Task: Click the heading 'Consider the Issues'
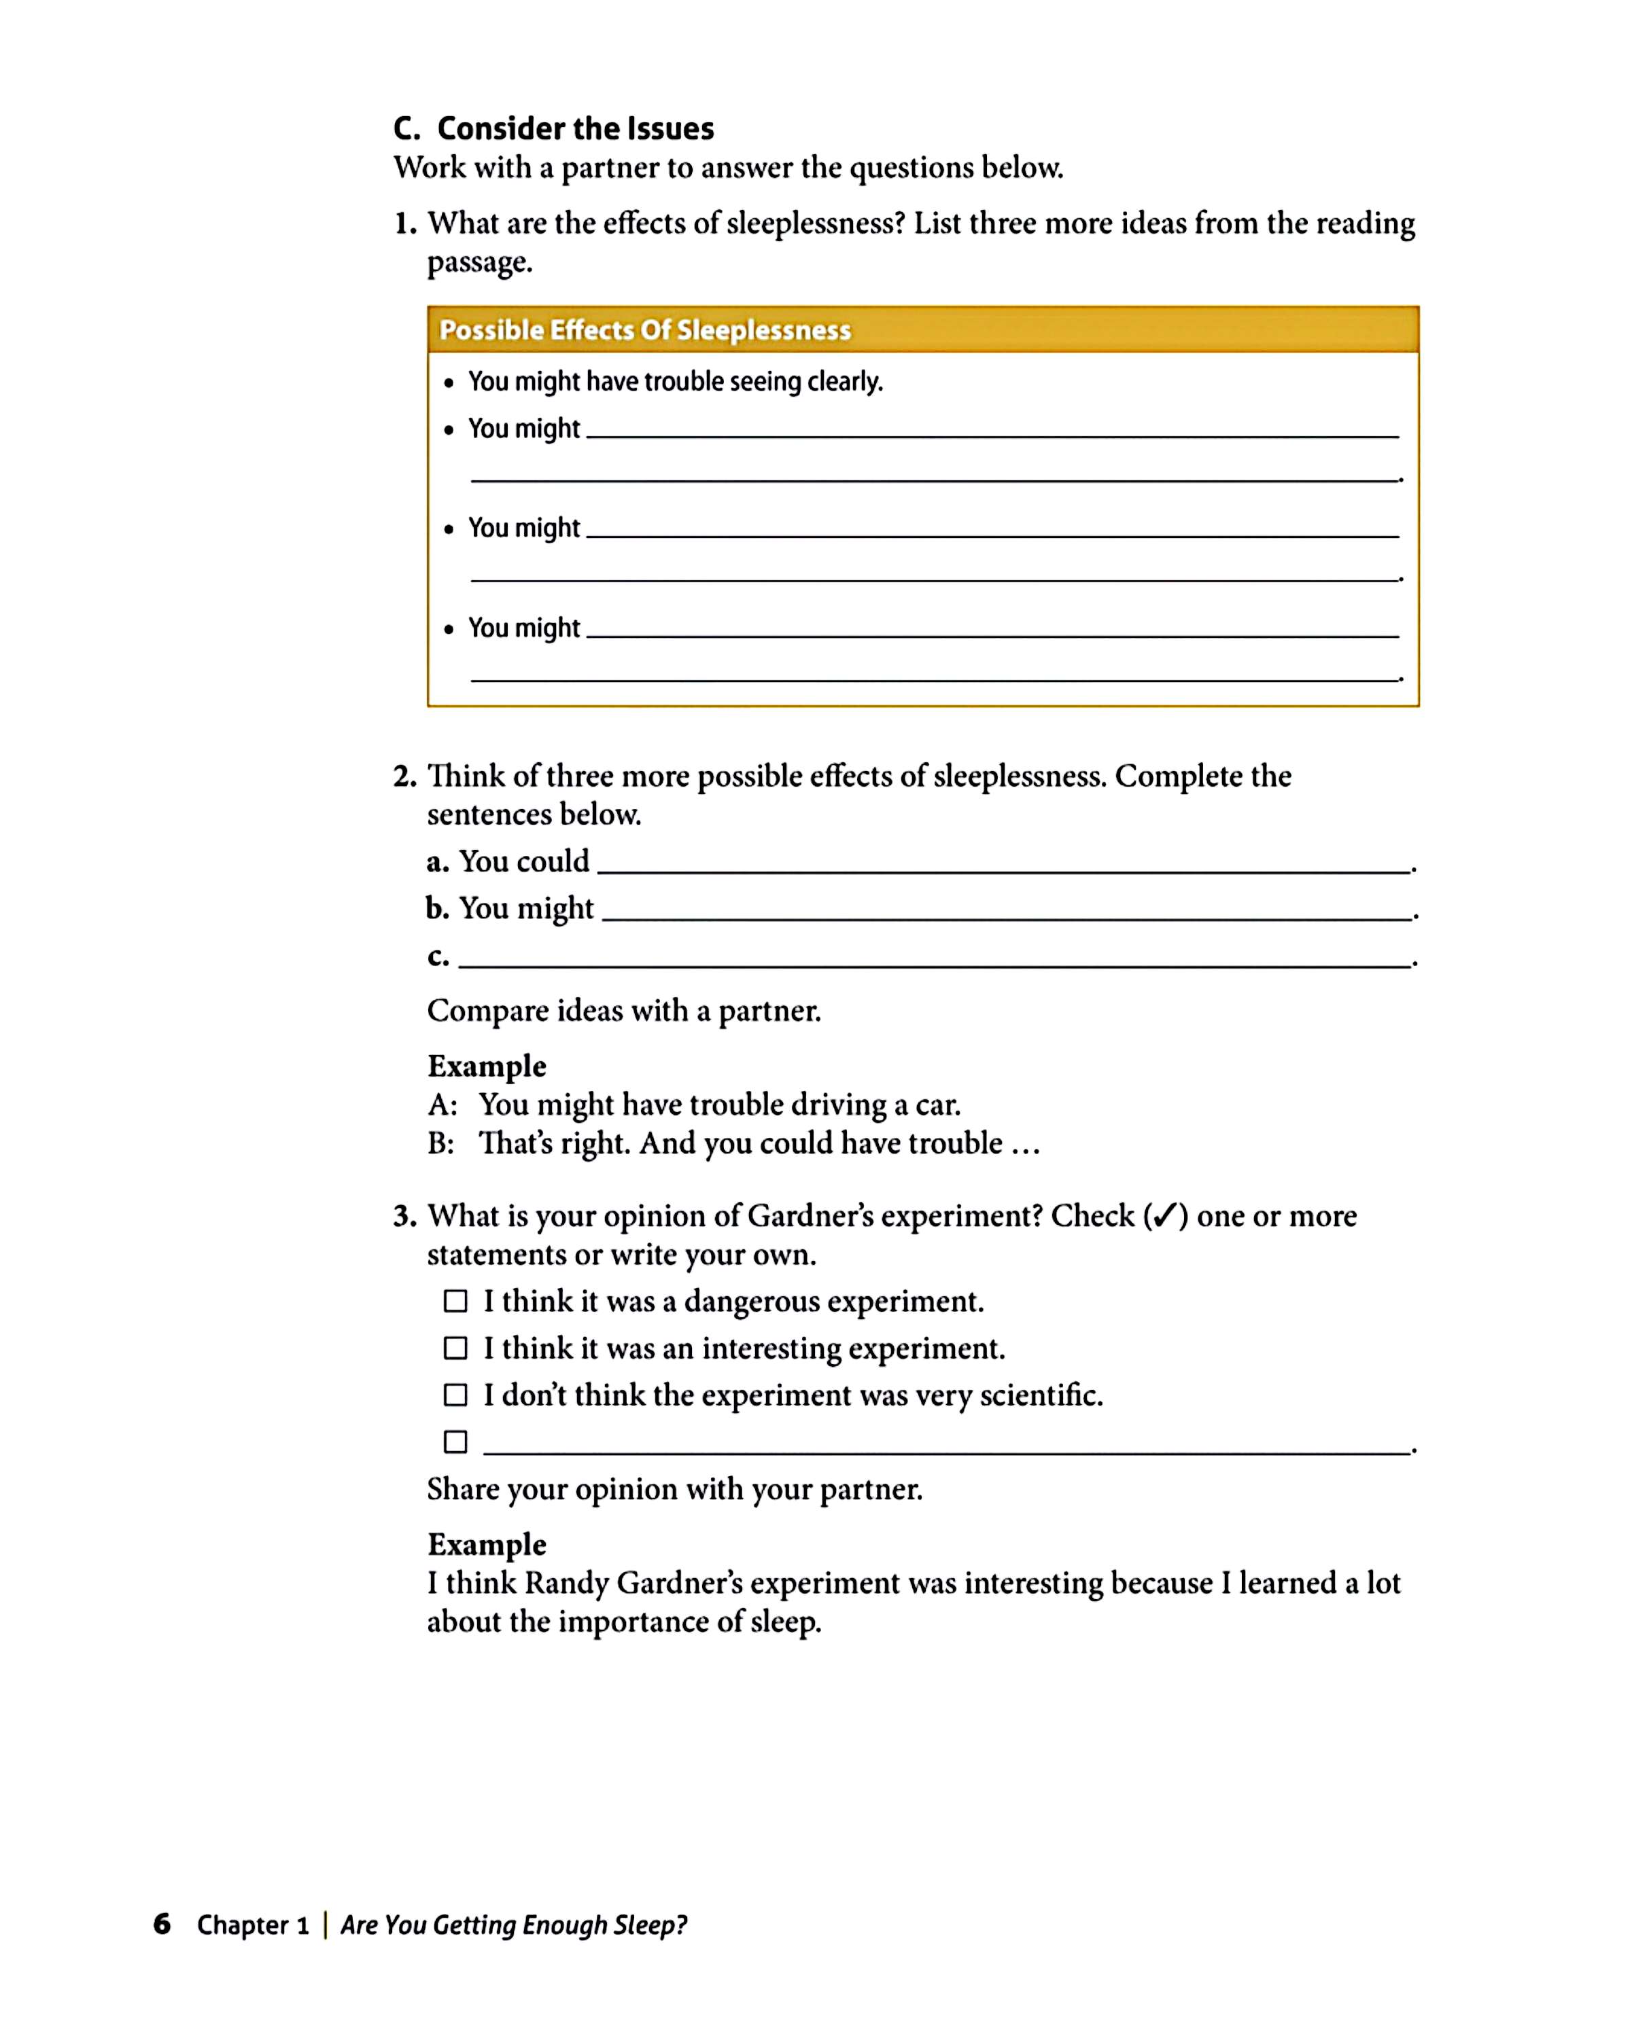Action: coord(575,128)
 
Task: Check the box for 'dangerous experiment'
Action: coord(455,1302)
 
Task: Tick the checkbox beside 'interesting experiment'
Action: coord(455,1348)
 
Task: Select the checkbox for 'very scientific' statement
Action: coord(455,1395)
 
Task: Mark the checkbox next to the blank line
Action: coord(455,1442)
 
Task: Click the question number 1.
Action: coord(404,224)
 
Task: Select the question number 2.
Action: coord(404,777)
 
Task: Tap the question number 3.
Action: coord(404,1217)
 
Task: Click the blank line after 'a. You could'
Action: coord(1003,870)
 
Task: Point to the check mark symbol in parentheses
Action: coord(1165,1217)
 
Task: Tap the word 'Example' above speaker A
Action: coord(487,1067)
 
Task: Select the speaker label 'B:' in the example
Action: coord(440,1144)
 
